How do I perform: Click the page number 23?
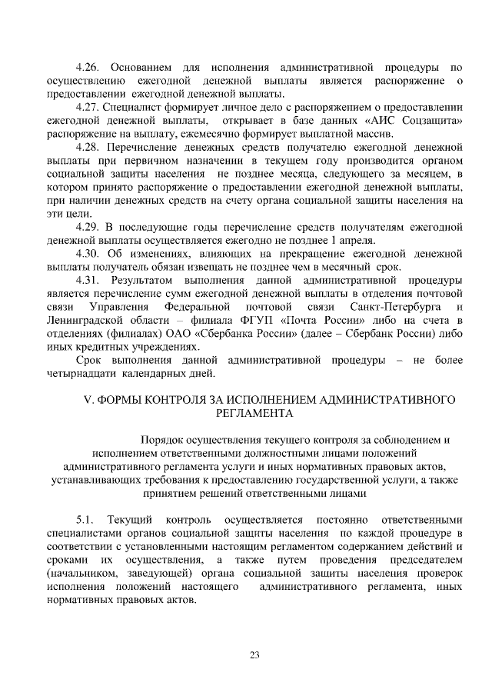tap(254, 655)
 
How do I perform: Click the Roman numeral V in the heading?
tap(87, 400)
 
